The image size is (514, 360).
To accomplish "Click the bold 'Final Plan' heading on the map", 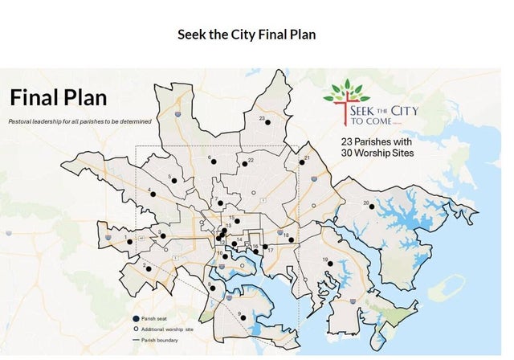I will pyautogui.click(x=58, y=98).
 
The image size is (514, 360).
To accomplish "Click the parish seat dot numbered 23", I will pyautogui.click(x=269, y=122).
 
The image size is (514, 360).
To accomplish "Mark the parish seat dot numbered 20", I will pyautogui.click(x=372, y=207).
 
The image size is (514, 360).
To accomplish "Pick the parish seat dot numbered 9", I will pyautogui.click(x=247, y=317).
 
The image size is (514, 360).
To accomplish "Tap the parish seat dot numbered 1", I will pyautogui.click(x=130, y=241).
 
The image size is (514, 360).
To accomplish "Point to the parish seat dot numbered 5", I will pyautogui.click(x=173, y=181).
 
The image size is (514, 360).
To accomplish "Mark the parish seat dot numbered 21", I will pyautogui.click(x=302, y=162).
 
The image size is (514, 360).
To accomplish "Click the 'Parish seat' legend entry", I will pyautogui.click(x=157, y=319).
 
